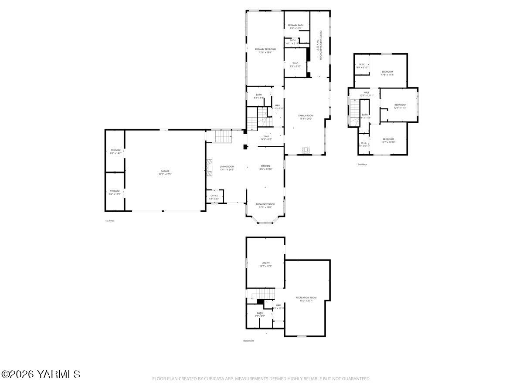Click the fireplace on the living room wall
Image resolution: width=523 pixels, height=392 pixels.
point(209,168)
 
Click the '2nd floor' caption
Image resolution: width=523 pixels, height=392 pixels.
point(362,164)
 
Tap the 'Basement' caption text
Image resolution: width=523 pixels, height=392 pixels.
point(248,341)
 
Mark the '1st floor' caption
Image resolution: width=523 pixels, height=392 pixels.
point(109,221)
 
